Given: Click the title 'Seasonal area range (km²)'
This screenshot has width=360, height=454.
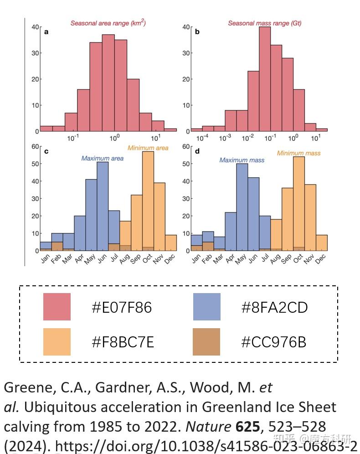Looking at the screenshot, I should point(108,23).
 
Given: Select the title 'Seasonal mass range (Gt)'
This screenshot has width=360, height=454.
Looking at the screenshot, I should point(264,23).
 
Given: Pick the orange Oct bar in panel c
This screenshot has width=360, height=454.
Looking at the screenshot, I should point(148,201).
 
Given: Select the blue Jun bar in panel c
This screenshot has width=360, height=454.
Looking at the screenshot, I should point(103,205).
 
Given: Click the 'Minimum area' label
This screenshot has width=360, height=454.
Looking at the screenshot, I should point(148,148).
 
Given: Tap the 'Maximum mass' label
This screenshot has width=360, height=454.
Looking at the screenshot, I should point(242,160).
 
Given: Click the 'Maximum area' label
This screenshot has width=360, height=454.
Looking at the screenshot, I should point(102,158).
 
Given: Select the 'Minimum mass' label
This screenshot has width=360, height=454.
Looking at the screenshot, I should point(298,153).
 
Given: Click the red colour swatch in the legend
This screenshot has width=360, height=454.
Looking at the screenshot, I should point(57,307).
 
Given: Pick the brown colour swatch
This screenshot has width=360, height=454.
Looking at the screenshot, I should point(206,342).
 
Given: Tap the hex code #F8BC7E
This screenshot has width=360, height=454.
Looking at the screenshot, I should point(123,342).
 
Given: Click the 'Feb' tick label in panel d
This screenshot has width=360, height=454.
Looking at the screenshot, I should point(206,259).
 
